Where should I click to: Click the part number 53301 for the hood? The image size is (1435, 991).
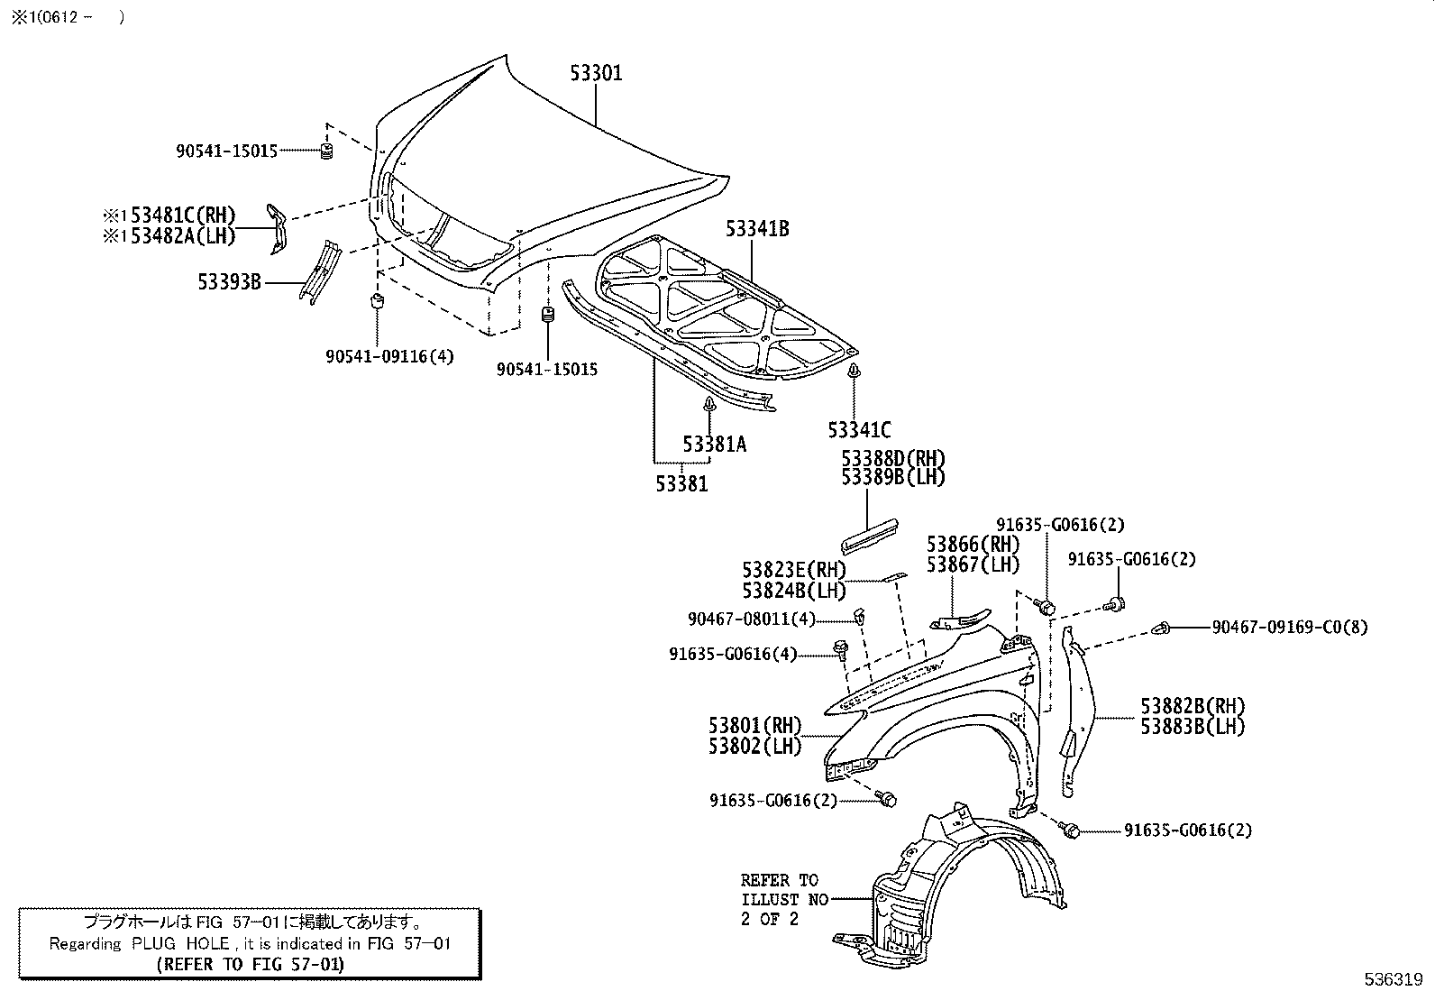click(596, 73)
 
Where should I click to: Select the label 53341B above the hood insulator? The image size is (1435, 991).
click(757, 229)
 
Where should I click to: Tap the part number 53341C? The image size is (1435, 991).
click(859, 430)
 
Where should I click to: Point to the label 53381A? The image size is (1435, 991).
click(714, 444)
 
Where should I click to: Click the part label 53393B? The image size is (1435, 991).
click(229, 282)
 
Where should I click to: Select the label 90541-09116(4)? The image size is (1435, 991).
click(389, 356)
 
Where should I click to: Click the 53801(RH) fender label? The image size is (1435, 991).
click(754, 726)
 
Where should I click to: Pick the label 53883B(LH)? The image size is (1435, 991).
click(1193, 727)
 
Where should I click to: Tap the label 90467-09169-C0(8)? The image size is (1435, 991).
click(1289, 627)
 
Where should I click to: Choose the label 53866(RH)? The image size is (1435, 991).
click(973, 545)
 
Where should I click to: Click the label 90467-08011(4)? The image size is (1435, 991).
click(751, 619)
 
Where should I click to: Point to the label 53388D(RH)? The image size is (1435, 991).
click(893, 458)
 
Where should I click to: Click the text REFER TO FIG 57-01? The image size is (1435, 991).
click(250, 964)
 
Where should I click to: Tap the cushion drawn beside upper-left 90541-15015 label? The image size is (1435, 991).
click(327, 151)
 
